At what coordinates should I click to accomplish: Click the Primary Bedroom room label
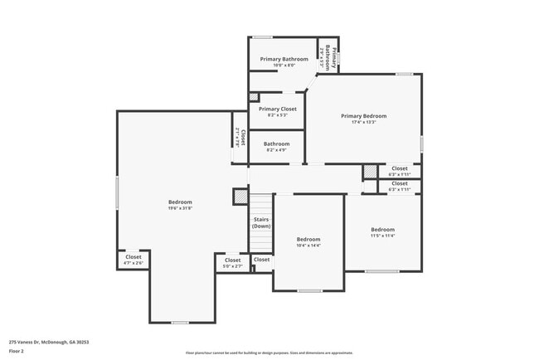click(363, 115)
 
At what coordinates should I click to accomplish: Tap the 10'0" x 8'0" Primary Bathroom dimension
click(284, 66)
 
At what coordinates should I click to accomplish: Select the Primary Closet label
click(277, 109)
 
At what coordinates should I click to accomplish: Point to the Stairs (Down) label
click(261, 222)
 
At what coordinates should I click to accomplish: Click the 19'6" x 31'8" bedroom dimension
click(180, 208)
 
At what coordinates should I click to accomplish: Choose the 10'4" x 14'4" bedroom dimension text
click(308, 246)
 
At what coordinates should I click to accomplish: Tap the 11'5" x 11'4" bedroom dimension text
click(382, 236)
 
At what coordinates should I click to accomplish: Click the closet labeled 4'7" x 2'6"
click(134, 263)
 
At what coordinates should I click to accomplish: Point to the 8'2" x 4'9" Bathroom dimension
click(277, 150)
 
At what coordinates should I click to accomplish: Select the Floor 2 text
click(17, 351)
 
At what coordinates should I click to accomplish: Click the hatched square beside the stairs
click(240, 197)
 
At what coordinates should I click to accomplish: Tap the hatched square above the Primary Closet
click(255, 97)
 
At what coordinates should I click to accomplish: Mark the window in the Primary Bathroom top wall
click(263, 36)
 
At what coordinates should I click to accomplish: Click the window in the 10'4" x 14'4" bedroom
click(309, 290)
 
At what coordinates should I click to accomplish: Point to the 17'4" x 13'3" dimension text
click(363, 122)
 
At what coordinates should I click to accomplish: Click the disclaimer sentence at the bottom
click(269, 353)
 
